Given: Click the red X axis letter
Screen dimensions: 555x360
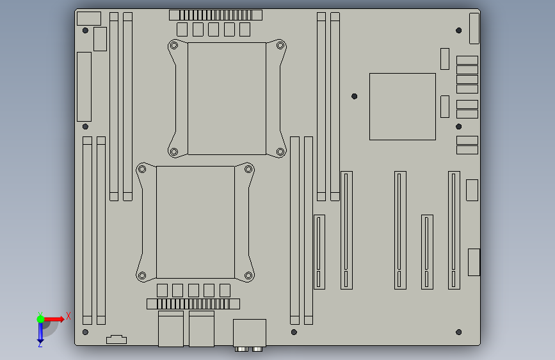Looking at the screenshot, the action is pos(68,316).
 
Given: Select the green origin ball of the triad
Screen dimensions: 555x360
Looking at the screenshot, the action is pos(40,319).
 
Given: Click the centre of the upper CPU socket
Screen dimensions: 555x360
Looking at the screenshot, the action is pos(227,99).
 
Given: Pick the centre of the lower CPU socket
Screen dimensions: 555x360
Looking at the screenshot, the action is pos(195,222).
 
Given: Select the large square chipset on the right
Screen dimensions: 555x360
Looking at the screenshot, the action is pos(403,106).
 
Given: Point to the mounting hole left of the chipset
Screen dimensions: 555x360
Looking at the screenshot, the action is pos(354,96).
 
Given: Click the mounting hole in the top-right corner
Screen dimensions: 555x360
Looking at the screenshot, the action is pos(459,31).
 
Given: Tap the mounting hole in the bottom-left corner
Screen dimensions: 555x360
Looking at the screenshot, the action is pos(85,332).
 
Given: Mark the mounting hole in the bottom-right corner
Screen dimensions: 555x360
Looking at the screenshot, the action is pos(459,332).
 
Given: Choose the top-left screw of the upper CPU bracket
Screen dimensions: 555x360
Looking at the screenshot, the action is pos(173,45).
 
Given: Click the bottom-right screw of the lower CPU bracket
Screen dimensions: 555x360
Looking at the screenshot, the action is pos(248,275).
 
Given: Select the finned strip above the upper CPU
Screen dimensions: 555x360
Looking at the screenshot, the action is pos(216,15).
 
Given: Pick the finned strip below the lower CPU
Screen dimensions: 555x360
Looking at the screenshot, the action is pos(193,304).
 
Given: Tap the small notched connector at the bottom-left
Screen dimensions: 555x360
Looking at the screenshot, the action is pos(117,340).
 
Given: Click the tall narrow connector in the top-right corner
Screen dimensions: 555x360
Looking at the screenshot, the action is pos(474,28).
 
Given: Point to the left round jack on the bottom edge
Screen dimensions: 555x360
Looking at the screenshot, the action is pos(241,349).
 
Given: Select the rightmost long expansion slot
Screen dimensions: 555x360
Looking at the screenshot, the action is pos(454,231).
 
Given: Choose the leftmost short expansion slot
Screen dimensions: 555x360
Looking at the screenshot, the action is pos(319,252).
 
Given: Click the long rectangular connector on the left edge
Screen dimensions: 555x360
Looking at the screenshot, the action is pos(84,87).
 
